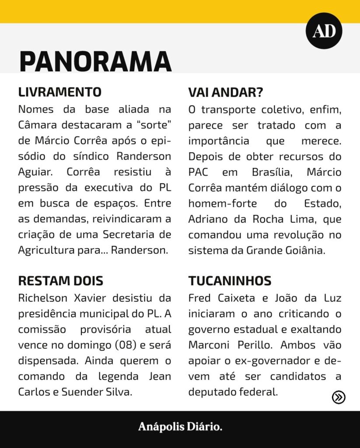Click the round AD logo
[324, 31]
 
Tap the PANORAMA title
[95, 61]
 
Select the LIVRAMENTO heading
[60, 92]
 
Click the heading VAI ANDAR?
[226, 92]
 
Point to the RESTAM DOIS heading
[61, 280]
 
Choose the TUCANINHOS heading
[230, 280]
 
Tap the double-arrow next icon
[339, 397]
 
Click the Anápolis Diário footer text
[180, 427]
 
